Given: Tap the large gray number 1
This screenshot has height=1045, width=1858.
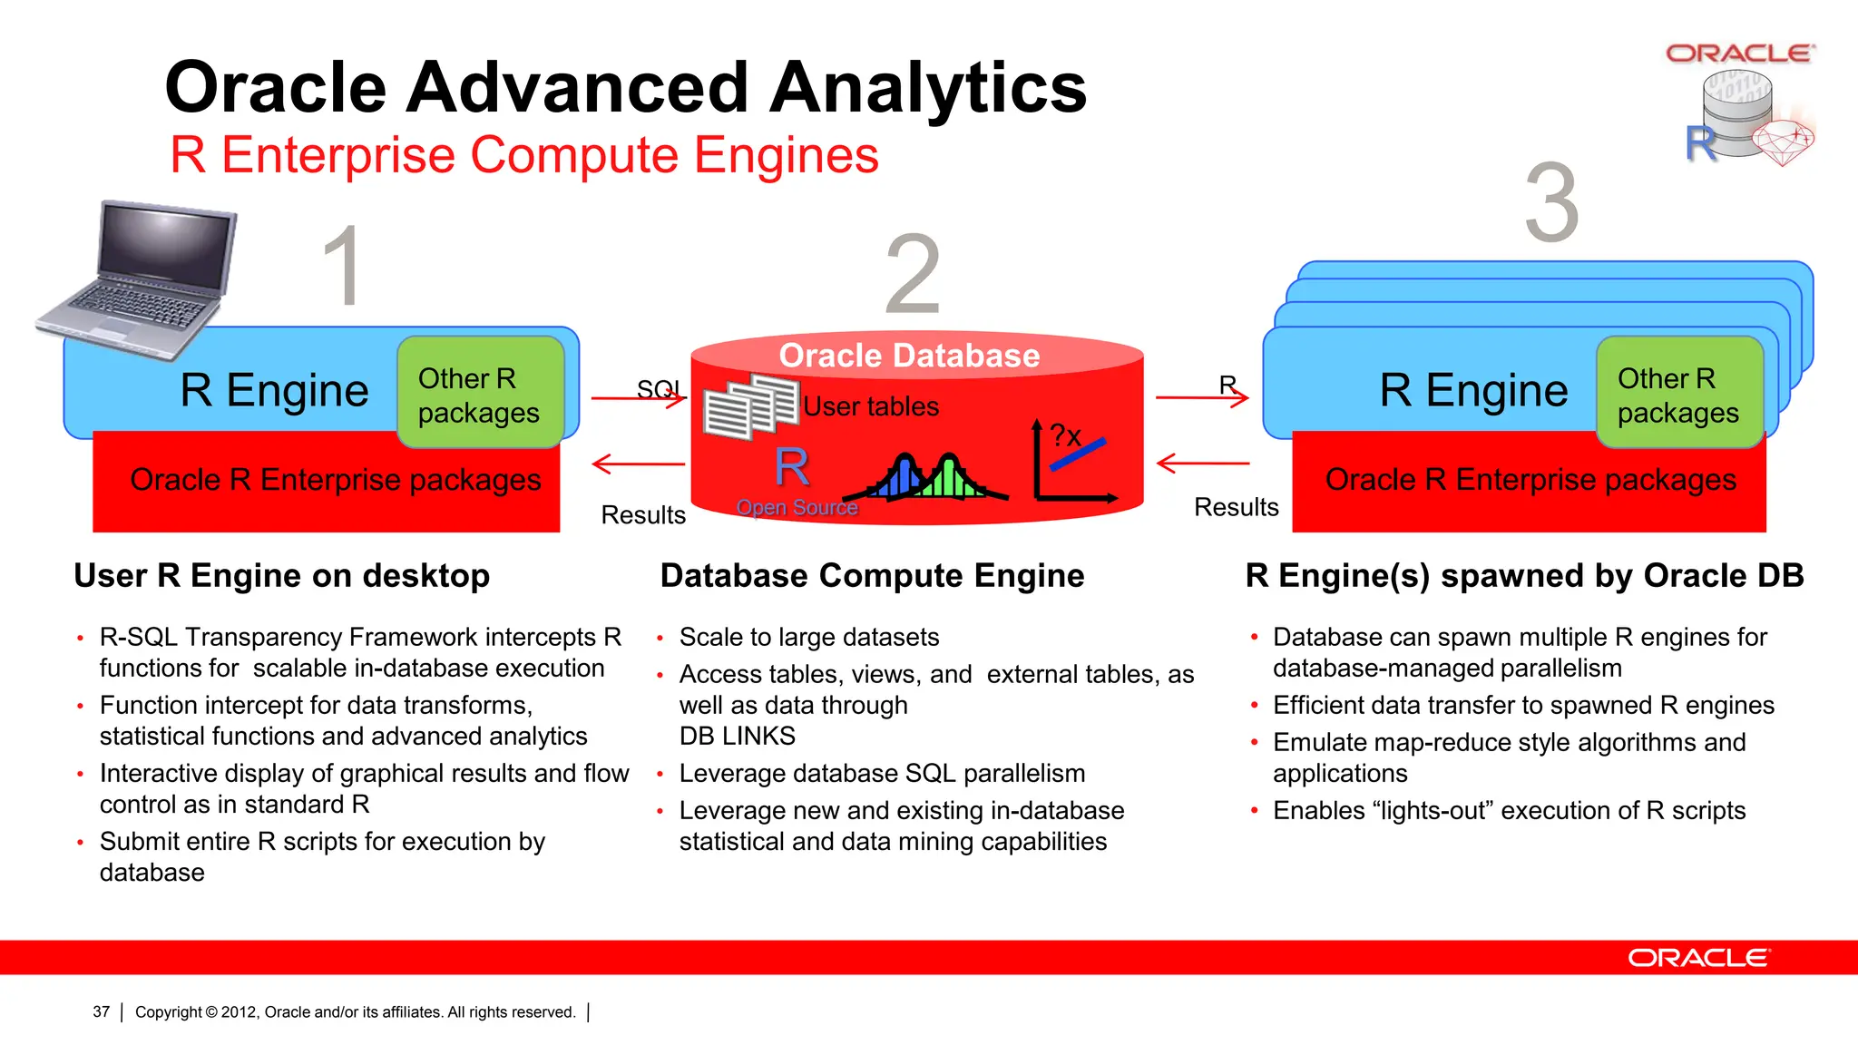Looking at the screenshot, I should coord(344,267).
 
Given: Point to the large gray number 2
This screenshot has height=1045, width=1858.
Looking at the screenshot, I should coord(912,275).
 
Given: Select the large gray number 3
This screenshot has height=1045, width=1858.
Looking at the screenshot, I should coord(1551,203).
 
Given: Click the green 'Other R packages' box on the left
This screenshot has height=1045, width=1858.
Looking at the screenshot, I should coord(480,393).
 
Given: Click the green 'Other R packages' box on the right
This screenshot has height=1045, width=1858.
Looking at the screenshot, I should coord(1679,393).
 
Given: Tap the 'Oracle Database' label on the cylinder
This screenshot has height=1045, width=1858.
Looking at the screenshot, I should coord(909,356).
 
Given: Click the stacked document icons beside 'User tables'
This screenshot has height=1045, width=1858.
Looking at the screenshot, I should coord(750,407).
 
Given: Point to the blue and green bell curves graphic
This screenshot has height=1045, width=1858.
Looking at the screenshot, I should coord(925,477).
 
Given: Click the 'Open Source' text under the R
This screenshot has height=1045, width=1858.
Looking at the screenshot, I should coord(797,507).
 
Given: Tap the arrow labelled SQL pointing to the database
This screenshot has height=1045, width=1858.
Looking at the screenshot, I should coord(639,397).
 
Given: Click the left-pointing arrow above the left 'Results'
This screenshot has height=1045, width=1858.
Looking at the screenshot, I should coord(639,464).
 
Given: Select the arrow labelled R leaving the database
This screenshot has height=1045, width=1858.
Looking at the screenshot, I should coord(1202,397).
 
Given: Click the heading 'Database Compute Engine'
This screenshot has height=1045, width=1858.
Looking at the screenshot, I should coord(872,576).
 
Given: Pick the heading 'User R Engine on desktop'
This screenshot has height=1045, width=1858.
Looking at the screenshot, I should coord(281,576).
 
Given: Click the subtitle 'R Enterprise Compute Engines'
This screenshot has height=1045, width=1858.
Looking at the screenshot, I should coord(524,155).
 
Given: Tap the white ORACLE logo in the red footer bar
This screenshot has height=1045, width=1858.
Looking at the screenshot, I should coord(1697,958).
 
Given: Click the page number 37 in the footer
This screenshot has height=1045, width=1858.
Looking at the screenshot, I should coord(101,1011).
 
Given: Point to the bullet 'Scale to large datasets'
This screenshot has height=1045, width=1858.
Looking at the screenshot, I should coord(808,637).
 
